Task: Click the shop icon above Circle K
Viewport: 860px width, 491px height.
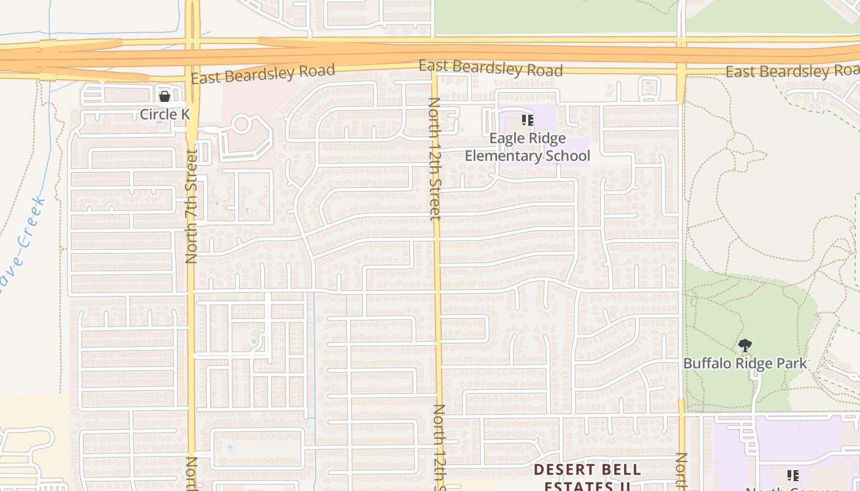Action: [x=164, y=96]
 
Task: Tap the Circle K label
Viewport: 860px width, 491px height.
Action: [x=165, y=114]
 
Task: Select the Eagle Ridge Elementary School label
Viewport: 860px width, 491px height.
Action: [x=527, y=147]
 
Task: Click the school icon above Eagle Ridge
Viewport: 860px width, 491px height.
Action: [x=527, y=120]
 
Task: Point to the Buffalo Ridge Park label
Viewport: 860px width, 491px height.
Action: [x=745, y=363]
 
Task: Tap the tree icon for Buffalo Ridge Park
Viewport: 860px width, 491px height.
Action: [x=745, y=346]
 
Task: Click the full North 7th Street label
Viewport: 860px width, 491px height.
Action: [x=191, y=206]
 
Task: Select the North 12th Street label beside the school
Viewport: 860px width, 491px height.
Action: [x=435, y=158]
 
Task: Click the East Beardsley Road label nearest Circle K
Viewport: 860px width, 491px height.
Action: [x=263, y=74]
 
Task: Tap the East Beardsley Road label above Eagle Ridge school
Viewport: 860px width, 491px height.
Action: [x=490, y=68]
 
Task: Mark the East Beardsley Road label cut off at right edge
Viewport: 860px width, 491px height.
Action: [x=792, y=71]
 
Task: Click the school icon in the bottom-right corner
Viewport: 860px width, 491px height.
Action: [x=793, y=475]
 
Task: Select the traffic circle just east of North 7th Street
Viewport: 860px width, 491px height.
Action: [x=241, y=124]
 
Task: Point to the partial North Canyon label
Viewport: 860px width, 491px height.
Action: [x=792, y=489]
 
